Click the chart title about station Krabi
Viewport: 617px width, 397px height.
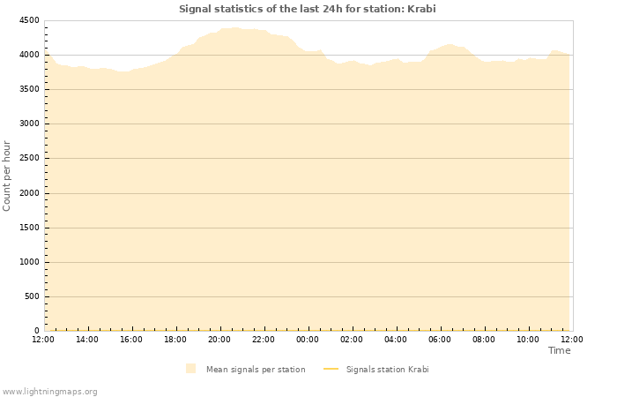pyautogui.click(x=307, y=9)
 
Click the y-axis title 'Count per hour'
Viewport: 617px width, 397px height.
pyautogui.click(x=7, y=176)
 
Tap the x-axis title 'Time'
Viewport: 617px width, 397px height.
pyautogui.click(x=559, y=350)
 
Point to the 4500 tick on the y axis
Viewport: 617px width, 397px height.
pyautogui.click(x=28, y=20)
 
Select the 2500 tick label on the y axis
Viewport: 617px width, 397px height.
pyautogui.click(x=28, y=159)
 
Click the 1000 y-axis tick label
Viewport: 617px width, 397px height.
pyautogui.click(x=28, y=262)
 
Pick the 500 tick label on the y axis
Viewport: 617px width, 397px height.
pyautogui.click(x=31, y=296)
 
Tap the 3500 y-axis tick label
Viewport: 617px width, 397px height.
pyautogui.click(x=28, y=89)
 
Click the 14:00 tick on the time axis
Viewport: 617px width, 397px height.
pyautogui.click(x=87, y=339)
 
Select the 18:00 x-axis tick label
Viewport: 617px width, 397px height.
pyautogui.click(x=175, y=339)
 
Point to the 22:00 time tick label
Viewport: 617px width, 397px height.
pyautogui.click(x=264, y=339)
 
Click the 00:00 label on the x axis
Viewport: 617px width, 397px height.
pyautogui.click(x=308, y=339)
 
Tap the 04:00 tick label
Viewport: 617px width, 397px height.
pyautogui.click(x=396, y=339)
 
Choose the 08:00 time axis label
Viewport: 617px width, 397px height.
pyautogui.click(x=484, y=339)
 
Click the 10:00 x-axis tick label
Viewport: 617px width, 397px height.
pyautogui.click(x=528, y=339)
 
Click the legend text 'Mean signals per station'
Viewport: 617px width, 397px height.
pyautogui.click(x=256, y=369)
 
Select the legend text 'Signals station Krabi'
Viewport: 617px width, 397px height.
pyautogui.click(x=387, y=369)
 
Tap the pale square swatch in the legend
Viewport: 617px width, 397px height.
pyautogui.click(x=191, y=369)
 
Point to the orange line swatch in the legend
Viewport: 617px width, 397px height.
pyautogui.click(x=331, y=369)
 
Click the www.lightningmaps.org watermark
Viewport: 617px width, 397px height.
pyautogui.click(x=50, y=391)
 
